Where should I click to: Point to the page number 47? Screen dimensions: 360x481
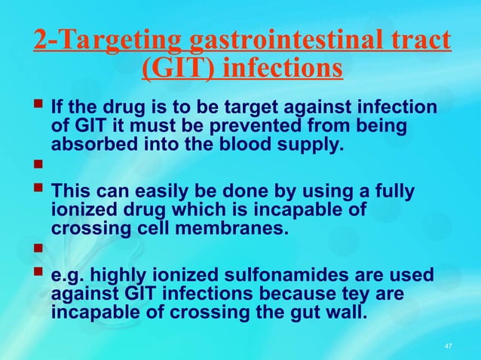click(449, 346)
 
